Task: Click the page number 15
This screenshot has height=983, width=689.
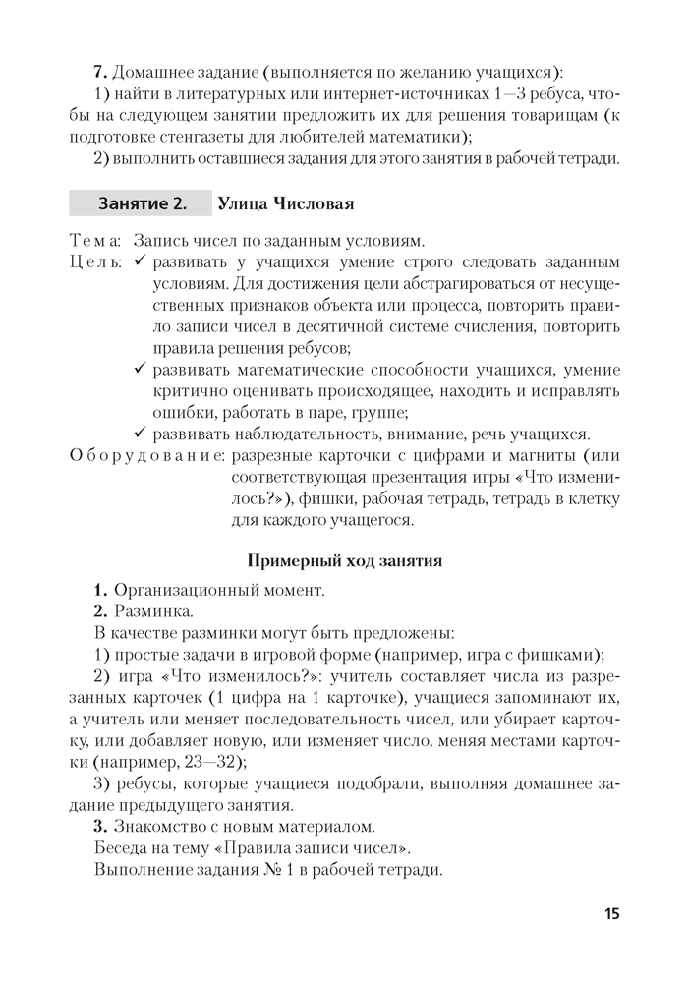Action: click(611, 914)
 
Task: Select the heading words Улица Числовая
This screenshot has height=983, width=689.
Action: click(284, 203)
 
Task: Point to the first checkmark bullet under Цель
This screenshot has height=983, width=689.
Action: click(139, 262)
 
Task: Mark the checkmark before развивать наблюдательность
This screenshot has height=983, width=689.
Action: click(139, 434)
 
